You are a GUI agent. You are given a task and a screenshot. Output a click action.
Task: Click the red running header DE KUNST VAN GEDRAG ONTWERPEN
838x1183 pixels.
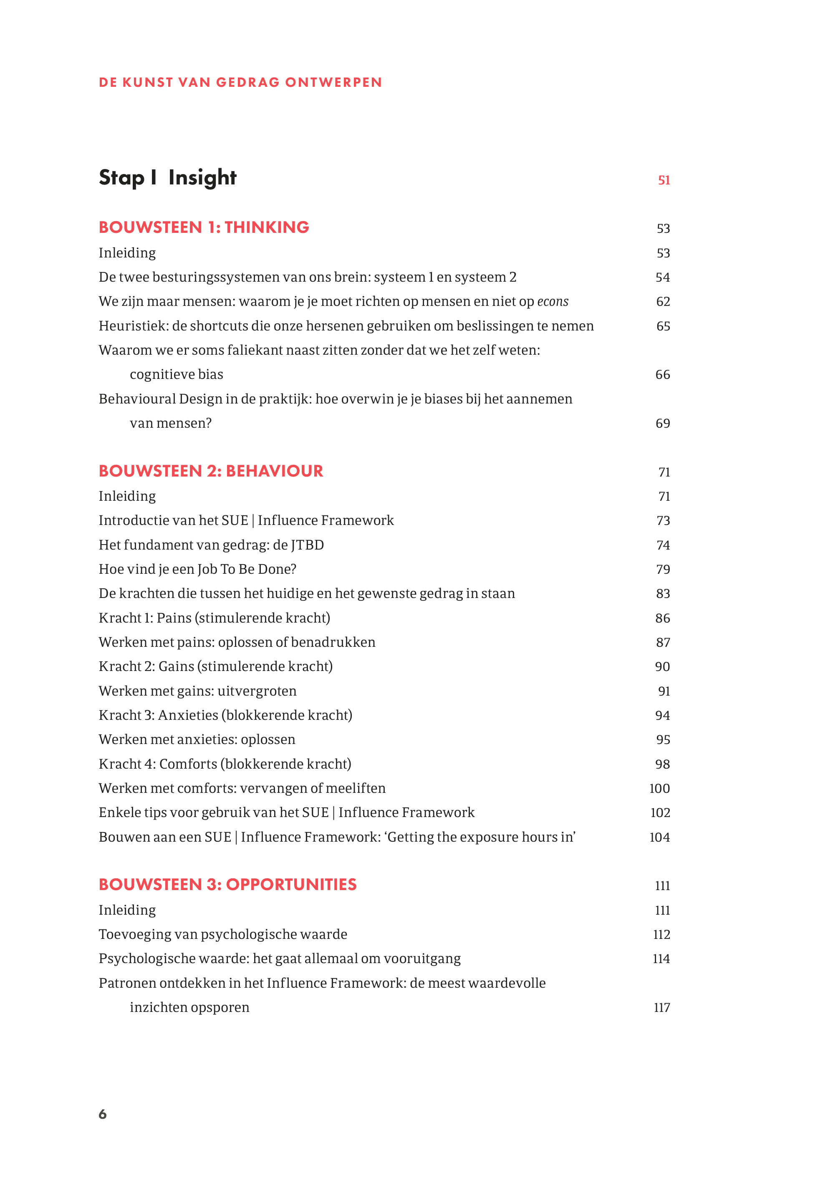tap(240, 83)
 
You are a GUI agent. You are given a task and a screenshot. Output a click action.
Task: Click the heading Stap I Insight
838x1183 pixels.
tap(167, 177)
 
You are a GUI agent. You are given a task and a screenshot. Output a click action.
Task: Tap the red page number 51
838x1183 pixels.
tap(664, 180)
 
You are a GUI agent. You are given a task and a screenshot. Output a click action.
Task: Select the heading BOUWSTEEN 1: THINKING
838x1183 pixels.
tap(204, 227)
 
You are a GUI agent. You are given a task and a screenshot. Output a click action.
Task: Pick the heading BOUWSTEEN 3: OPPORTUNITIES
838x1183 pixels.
tap(227, 885)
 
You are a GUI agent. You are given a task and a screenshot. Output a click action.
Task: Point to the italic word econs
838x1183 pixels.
tap(553, 301)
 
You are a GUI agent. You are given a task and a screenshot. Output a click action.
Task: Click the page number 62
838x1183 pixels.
tap(663, 302)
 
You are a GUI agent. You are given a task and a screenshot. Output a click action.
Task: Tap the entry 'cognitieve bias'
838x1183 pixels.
tap(177, 375)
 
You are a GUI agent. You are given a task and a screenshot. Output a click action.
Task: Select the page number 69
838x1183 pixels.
tap(663, 424)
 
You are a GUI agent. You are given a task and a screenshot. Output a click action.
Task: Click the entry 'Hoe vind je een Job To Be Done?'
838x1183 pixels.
tap(198, 569)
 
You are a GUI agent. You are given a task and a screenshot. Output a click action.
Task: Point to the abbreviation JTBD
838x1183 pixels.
tap(308, 545)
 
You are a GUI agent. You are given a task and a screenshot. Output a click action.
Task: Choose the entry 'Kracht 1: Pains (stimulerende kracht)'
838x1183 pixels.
tap(214, 618)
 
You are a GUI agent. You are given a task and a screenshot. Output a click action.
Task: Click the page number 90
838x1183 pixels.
tap(663, 666)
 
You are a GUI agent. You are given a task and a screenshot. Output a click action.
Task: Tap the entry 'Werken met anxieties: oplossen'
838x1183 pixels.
tap(197, 739)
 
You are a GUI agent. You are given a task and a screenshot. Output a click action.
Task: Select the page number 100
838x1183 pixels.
tap(659, 788)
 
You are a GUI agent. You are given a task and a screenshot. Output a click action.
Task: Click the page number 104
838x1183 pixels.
tap(659, 837)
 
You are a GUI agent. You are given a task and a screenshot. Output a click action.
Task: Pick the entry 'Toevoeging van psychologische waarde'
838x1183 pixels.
tap(223, 934)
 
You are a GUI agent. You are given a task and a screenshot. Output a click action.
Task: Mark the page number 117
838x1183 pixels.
tap(661, 1008)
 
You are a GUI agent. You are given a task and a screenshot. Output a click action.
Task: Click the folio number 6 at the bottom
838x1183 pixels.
tap(103, 1115)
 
